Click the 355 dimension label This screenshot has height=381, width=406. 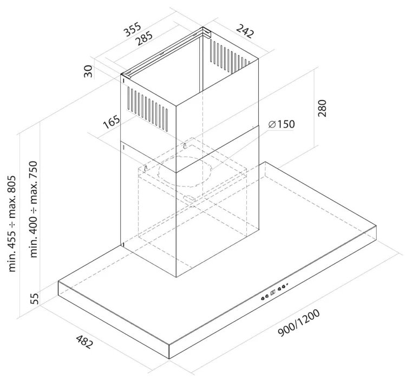point(133,30)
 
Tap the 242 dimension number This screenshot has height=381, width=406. point(245,31)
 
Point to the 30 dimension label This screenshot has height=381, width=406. point(88,71)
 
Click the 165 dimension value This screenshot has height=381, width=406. point(112,122)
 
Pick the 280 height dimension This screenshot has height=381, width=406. point(322,108)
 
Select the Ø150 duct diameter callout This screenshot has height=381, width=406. point(281,124)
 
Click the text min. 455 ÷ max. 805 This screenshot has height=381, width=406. point(12,224)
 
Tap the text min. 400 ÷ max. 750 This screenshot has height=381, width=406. point(34,209)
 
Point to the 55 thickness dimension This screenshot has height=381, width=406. point(35,298)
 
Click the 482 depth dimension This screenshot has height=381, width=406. point(84,342)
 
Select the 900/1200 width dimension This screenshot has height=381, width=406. point(299,323)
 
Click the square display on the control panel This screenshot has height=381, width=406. point(273,293)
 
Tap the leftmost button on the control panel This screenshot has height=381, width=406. point(263,298)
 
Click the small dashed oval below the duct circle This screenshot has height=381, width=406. point(189,198)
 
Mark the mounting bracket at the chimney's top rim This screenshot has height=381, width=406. point(166,51)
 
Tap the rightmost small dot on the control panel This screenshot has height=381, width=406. point(287,284)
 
